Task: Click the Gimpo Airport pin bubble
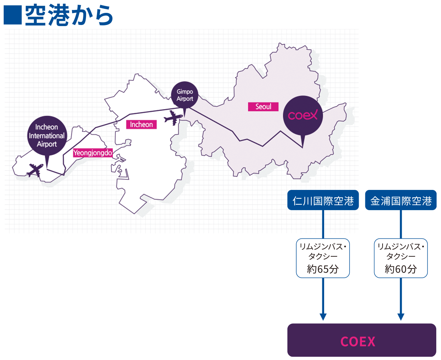pyautogui.click(x=184, y=94)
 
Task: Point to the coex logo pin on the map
pyautogui.click(x=302, y=115)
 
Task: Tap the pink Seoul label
pyautogui.click(x=263, y=107)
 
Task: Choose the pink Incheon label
pyautogui.click(x=141, y=125)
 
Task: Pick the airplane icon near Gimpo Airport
pyautogui.click(x=172, y=118)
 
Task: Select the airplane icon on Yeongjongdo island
pyautogui.click(x=35, y=170)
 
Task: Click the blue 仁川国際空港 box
pyautogui.click(x=323, y=201)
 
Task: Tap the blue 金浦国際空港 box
pyautogui.click(x=401, y=201)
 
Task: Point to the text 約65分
pyautogui.click(x=323, y=269)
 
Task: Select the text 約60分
pyautogui.click(x=401, y=269)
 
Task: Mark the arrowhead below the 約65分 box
pyautogui.click(x=323, y=317)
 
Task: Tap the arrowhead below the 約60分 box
pyautogui.click(x=401, y=317)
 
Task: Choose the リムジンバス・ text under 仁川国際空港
pyautogui.click(x=323, y=246)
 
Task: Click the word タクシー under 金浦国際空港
pyautogui.click(x=401, y=256)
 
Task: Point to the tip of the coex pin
pyautogui.click(x=302, y=147)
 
